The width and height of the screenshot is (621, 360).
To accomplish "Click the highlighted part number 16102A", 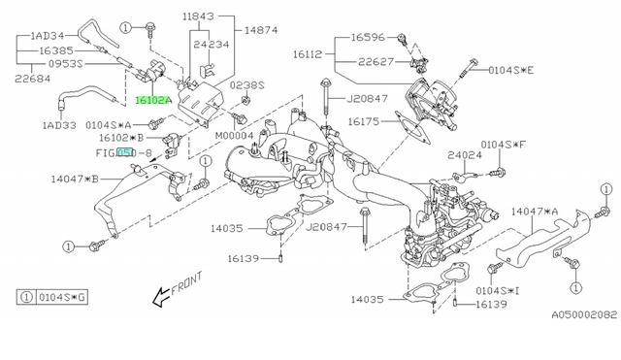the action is [153, 101].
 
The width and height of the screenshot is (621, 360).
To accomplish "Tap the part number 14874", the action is [261, 30].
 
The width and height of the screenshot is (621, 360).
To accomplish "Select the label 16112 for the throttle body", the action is [308, 54].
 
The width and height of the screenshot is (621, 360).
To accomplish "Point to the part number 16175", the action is [364, 121].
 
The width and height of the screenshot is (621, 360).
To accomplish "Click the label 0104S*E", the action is [511, 71].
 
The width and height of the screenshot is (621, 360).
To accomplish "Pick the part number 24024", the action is [465, 155].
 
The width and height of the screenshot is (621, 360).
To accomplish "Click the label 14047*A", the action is [535, 212].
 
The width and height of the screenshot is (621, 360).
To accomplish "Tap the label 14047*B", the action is [75, 179].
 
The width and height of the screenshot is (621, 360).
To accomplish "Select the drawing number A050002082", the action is [584, 314].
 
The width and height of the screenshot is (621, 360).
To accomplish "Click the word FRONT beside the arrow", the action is [186, 283].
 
